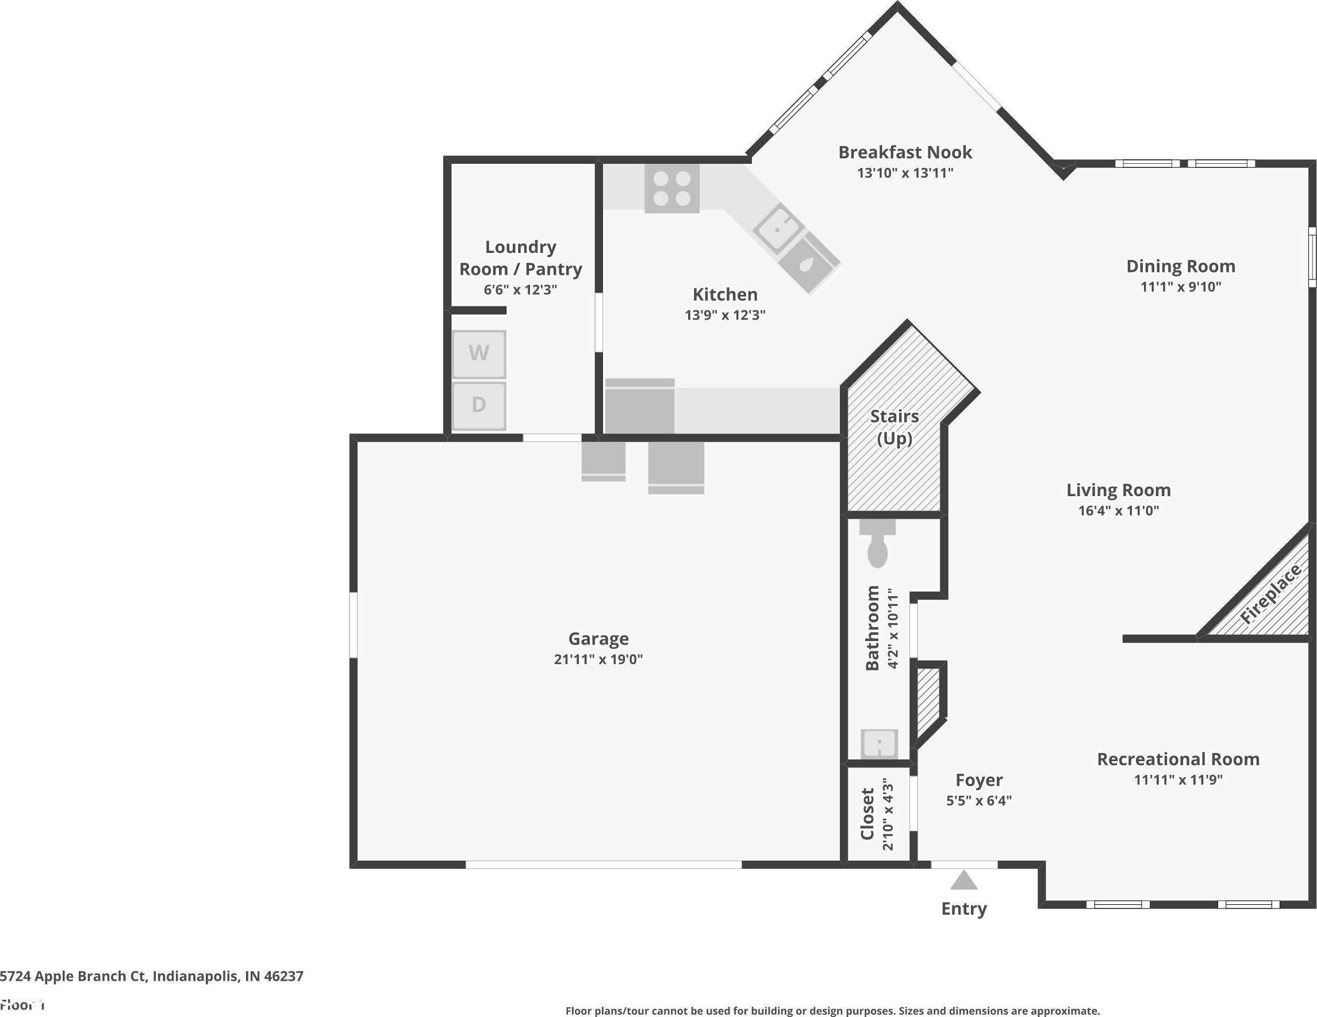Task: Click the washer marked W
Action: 479,354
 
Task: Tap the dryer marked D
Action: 479,405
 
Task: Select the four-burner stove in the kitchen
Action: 672,188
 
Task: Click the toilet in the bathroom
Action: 877,543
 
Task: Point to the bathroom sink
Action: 879,744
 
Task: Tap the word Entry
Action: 963,908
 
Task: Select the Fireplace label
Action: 1270,594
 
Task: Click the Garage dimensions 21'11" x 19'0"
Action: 598,659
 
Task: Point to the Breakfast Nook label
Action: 905,152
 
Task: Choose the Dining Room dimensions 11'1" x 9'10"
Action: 1181,286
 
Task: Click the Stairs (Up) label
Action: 894,427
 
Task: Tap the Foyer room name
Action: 979,780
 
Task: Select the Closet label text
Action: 867,813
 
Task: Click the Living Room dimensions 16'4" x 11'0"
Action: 1119,511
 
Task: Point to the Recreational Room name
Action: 1178,759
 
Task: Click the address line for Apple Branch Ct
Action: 151,976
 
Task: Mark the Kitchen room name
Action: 725,294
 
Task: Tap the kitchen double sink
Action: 797,248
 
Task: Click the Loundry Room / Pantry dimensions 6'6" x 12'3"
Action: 520,290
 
